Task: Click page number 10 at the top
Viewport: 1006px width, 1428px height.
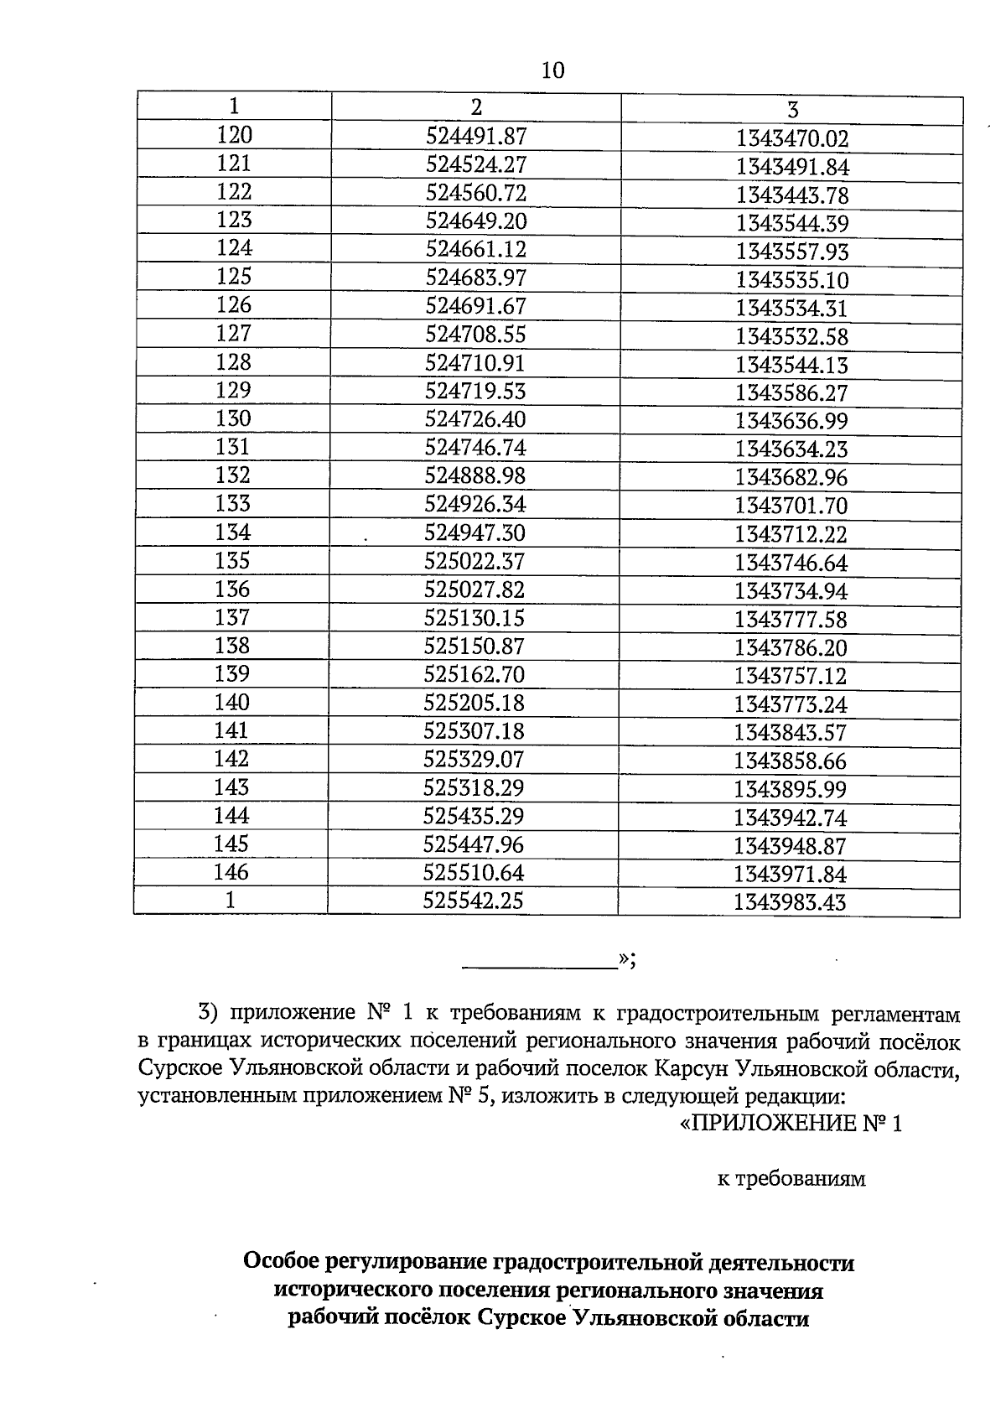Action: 553,70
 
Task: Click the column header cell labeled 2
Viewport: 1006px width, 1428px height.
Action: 476,107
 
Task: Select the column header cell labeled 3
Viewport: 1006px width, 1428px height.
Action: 792,110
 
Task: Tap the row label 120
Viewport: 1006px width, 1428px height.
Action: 234,135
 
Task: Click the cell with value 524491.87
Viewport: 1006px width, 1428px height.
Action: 476,136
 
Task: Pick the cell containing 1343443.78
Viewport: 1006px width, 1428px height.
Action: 792,196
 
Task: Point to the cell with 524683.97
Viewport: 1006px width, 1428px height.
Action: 476,278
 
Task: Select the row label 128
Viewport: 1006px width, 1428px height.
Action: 234,362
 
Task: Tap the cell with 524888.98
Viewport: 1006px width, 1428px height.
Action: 475,476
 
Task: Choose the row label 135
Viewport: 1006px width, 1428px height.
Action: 233,560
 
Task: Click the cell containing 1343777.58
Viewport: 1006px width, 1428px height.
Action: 791,620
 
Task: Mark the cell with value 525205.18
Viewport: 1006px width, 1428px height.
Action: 474,703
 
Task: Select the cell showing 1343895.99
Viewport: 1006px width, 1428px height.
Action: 791,790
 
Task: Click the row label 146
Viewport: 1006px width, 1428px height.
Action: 231,872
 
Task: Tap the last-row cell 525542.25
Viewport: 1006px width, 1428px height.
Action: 474,901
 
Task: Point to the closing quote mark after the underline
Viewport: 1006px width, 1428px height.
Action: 626,959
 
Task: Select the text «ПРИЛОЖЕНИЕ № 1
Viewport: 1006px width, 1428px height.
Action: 789,1124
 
